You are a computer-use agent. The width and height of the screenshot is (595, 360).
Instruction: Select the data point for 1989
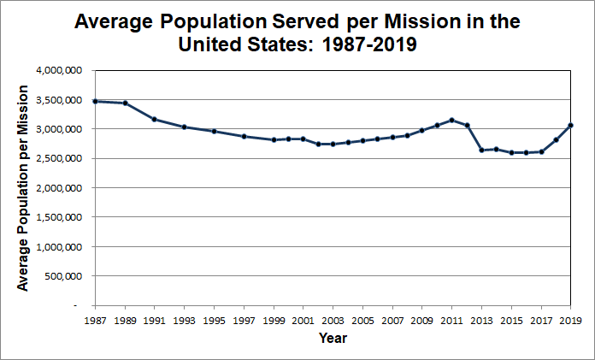click(126, 103)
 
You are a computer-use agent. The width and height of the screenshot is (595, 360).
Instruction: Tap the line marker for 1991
click(154, 119)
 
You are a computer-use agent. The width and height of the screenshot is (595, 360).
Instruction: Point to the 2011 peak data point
click(451, 120)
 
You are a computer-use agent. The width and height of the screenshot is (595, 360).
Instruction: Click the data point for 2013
click(481, 150)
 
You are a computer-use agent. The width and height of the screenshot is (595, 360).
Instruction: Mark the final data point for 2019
click(570, 126)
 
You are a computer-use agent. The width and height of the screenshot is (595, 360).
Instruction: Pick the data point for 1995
click(214, 132)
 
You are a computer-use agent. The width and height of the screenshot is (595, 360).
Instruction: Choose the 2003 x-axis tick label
click(333, 321)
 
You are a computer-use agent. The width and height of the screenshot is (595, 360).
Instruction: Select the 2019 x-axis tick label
click(570, 321)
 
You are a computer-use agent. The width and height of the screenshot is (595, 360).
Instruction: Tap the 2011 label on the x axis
click(451, 321)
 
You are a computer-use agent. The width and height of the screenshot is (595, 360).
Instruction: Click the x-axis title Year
click(333, 338)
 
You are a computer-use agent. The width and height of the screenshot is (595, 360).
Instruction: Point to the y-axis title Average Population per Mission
click(23, 186)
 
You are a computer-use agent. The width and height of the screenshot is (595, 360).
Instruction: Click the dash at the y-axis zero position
click(76, 305)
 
